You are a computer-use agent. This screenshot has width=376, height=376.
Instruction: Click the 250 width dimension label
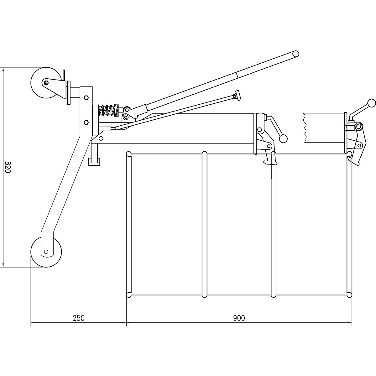78,318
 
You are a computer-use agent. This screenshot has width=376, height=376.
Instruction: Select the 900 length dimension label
239,318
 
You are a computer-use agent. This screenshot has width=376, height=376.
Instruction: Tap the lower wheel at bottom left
46,252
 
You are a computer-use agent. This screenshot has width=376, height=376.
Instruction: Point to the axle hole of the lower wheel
46,252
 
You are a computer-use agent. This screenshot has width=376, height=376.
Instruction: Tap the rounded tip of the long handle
295,54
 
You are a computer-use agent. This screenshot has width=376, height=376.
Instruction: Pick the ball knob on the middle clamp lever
284,138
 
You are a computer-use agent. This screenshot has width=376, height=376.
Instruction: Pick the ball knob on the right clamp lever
371,103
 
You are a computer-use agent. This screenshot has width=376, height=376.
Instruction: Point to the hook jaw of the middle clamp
266,161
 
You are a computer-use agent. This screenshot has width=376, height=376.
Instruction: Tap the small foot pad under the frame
94,161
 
